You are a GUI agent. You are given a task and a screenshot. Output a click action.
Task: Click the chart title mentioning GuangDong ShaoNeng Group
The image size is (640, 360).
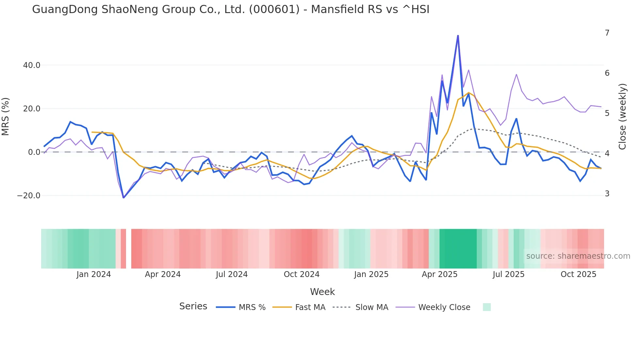pyautogui.click(x=231, y=9)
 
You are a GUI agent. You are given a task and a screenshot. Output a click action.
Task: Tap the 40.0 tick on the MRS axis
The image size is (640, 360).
pyautogui.click(x=32, y=65)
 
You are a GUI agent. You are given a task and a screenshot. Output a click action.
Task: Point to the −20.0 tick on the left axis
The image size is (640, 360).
pyautogui.click(x=29, y=196)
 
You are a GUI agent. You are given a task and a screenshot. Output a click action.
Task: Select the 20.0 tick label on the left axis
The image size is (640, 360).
pyautogui.click(x=32, y=109)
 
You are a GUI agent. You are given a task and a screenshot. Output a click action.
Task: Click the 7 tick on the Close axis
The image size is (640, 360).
pyautogui.click(x=607, y=33)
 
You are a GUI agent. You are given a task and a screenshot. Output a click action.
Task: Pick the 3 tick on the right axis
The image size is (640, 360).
pyautogui.click(x=607, y=194)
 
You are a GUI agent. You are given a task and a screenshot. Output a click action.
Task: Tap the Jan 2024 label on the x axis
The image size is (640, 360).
pyautogui.click(x=94, y=274)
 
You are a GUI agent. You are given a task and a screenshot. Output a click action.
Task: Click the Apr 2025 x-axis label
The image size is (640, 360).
pyautogui.click(x=440, y=274)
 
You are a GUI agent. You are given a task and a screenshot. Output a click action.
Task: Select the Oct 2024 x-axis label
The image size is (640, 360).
pyautogui.click(x=301, y=274)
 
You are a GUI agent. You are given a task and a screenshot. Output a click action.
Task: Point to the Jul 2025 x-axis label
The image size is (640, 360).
pyautogui.click(x=508, y=274)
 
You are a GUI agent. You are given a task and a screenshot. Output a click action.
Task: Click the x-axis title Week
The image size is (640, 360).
pyautogui.click(x=322, y=292)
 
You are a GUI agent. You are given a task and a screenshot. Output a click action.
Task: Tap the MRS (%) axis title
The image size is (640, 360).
pyautogui.click(x=6, y=117)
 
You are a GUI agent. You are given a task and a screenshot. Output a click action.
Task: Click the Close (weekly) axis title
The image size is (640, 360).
pyautogui.click(x=622, y=117)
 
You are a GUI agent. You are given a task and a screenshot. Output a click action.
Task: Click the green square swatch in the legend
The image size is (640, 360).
pyautogui.click(x=487, y=307)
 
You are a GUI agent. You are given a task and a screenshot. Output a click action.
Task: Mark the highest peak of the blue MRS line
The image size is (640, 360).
pyautogui.click(x=458, y=36)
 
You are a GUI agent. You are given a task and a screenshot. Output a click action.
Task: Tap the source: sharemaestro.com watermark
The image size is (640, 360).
pyautogui.click(x=578, y=256)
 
